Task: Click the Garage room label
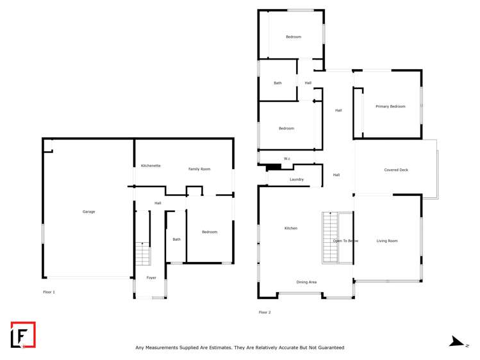[x=88, y=211]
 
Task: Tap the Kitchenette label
[x=151, y=166]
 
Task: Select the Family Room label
[x=199, y=169]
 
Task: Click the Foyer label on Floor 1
[x=151, y=277]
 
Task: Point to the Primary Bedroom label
[x=390, y=106]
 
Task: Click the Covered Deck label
[x=396, y=170]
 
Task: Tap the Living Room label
[x=387, y=241]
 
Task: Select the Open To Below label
[x=345, y=241]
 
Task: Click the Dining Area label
[x=306, y=282]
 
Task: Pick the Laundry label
[x=297, y=179]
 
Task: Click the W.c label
[x=287, y=159]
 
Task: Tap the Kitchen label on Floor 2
[x=291, y=228]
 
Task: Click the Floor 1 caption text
[x=49, y=292]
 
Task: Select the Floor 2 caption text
[x=265, y=312]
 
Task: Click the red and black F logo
[x=23, y=334]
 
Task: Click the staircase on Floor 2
[x=330, y=236]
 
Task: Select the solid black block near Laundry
[x=274, y=168]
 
